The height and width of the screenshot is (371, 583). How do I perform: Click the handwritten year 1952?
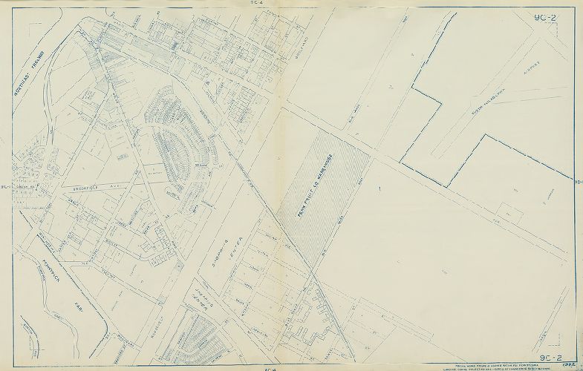tap(570, 364)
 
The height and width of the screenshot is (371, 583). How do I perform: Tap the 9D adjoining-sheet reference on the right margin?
tap(578, 180)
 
